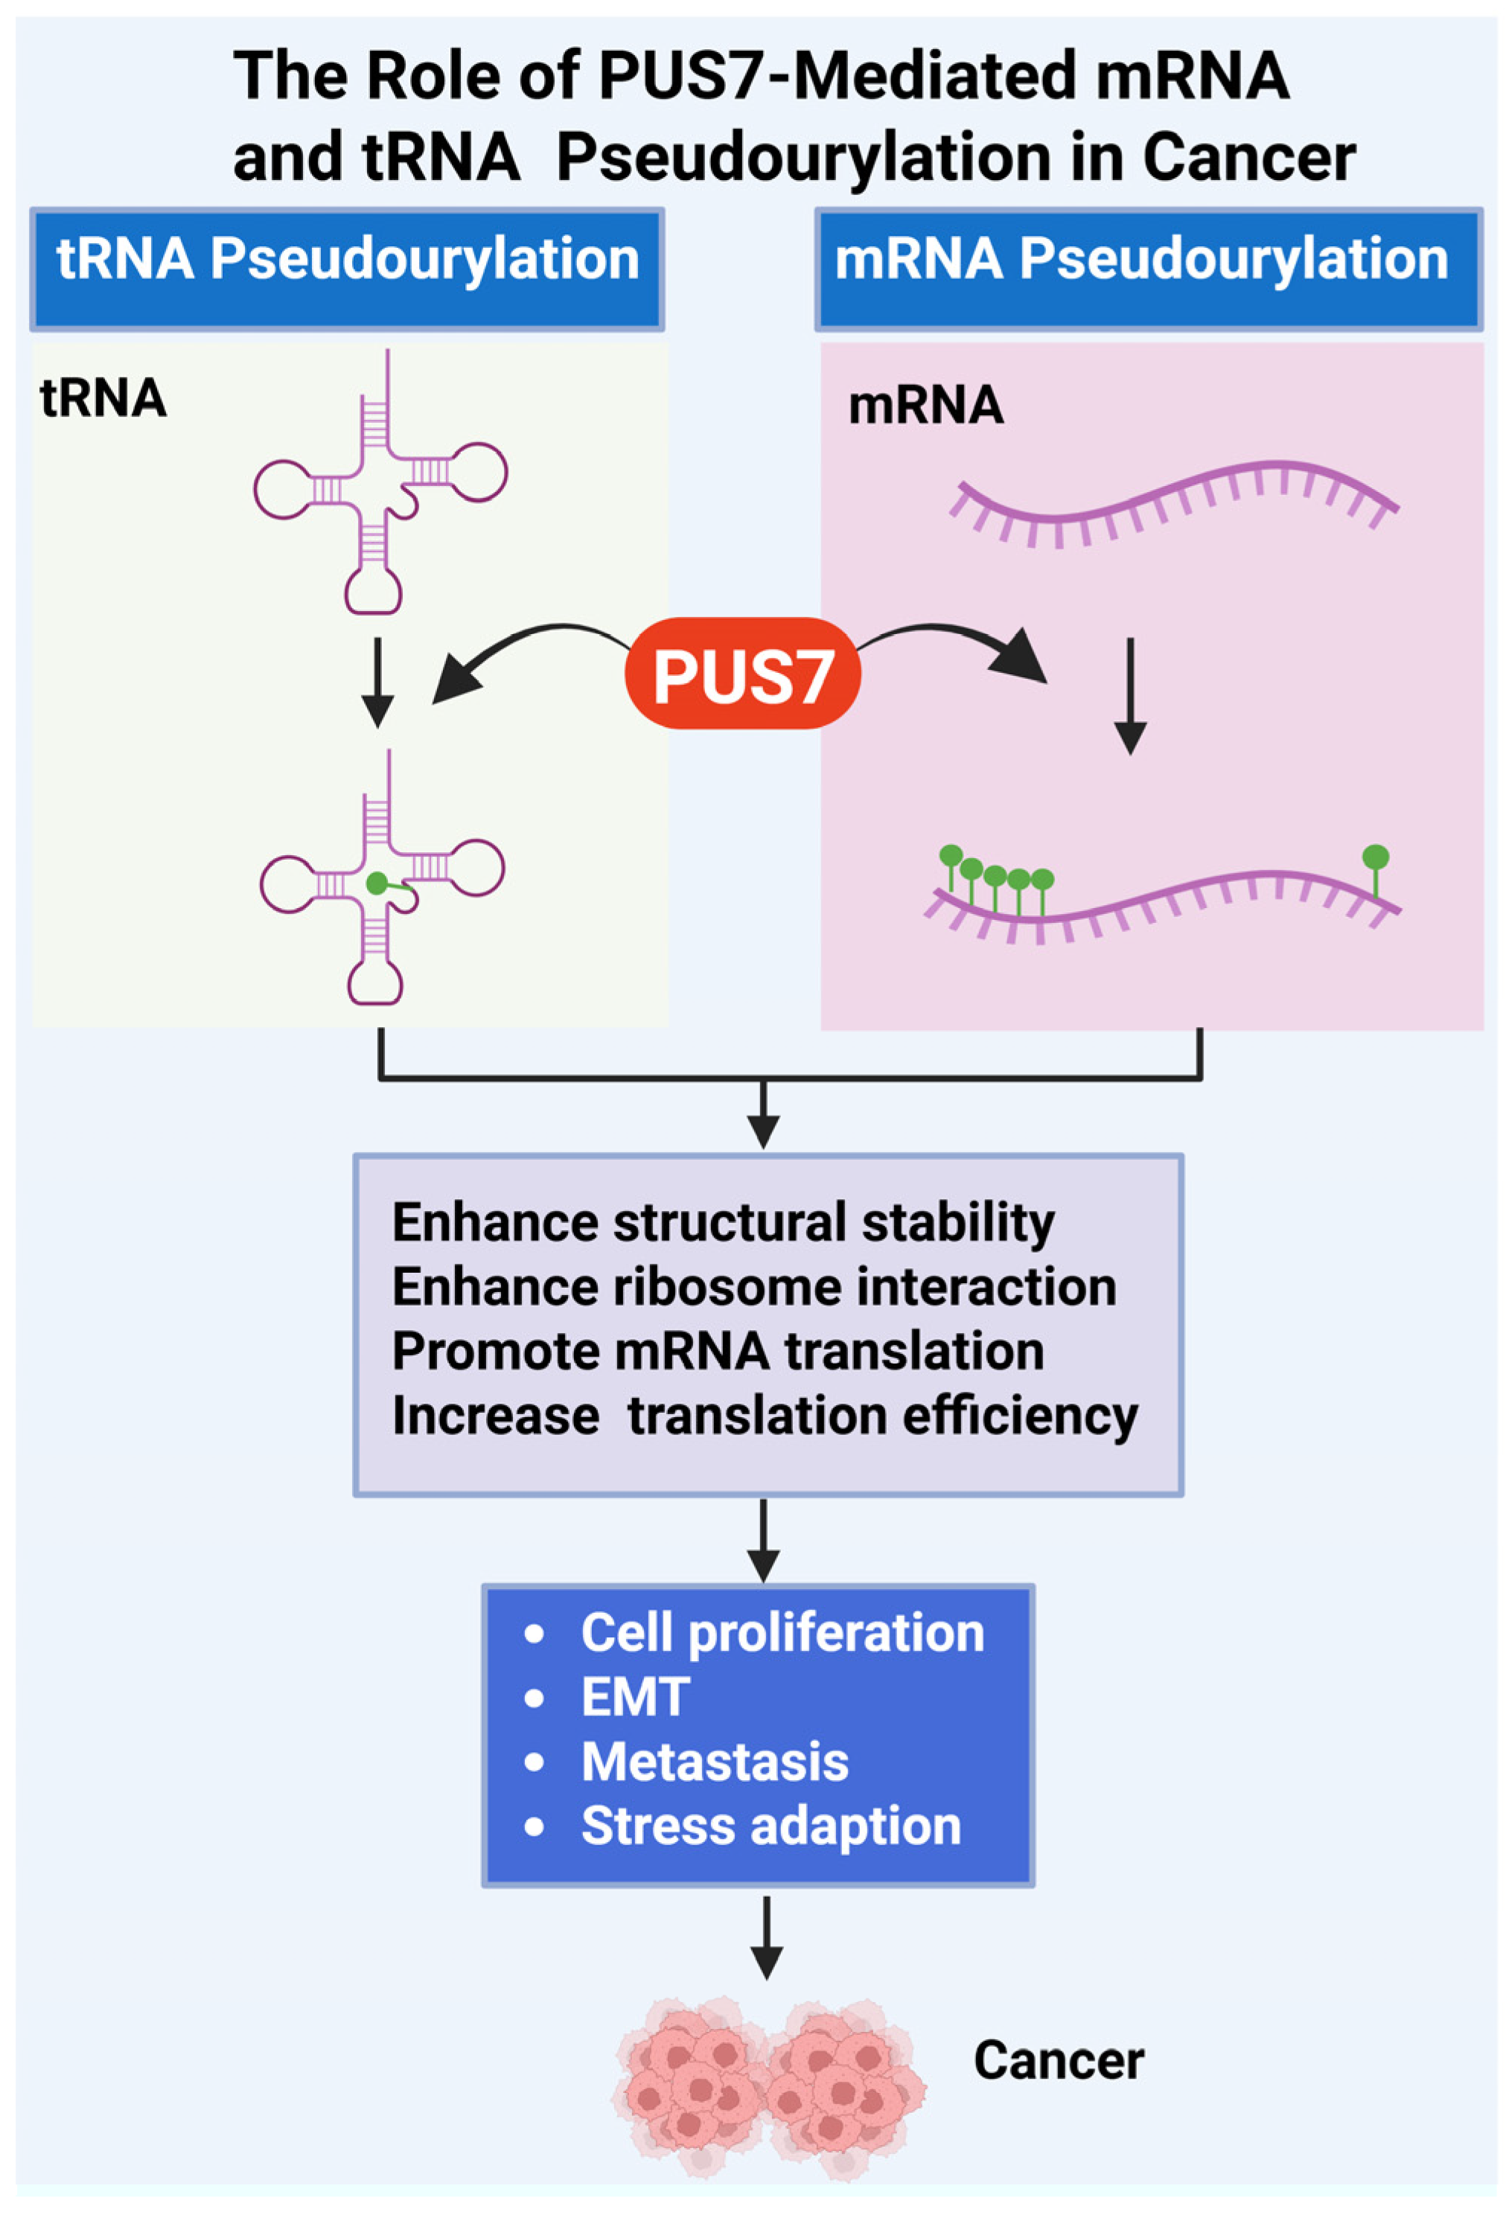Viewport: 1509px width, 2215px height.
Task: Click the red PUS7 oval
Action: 741,674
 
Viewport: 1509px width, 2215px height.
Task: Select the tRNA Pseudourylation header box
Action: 347,269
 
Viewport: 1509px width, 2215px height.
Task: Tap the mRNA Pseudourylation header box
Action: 1148,269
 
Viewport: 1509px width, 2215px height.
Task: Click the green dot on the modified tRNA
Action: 377,883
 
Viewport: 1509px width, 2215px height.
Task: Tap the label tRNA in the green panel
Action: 103,397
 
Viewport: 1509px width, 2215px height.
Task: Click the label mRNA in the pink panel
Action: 925,405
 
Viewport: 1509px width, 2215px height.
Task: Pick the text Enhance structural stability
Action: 723,1222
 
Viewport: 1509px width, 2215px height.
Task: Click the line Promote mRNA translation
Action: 717,1351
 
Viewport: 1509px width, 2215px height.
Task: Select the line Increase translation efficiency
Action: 765,1416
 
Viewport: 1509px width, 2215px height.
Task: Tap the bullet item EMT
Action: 635,1696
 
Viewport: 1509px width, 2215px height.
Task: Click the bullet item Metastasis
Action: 714,1761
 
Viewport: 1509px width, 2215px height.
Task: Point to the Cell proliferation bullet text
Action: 782,1631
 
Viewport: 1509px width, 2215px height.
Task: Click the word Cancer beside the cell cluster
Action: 1058,2061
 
